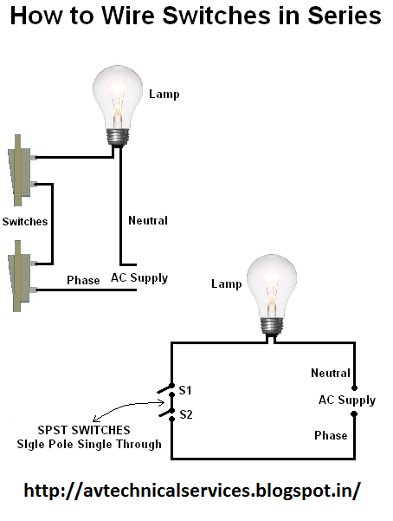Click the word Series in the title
[x=333, y=16]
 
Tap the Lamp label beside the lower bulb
[x=227, y=283]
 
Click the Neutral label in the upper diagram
[x=147, y=221]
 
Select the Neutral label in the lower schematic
[x=331, y=373]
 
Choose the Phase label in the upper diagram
[x=84, y=281]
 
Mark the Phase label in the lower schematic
[x=331, y=435]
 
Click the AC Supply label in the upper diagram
[x=139, y=278]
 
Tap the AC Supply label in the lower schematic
[x=346, y=400]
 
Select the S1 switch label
[x=184, y=390]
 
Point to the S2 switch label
[x=184, y=414]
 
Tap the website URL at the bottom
[x=192, y=490]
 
